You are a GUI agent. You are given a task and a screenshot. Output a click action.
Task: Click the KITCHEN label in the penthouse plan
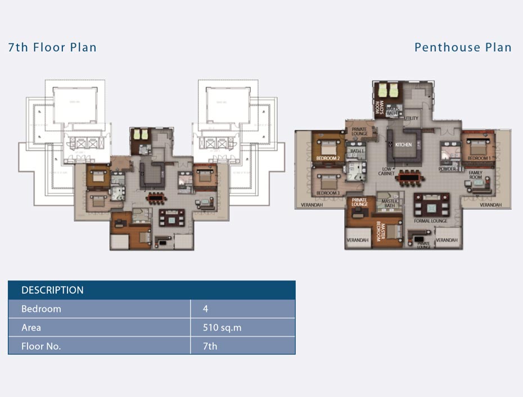coord(403,145)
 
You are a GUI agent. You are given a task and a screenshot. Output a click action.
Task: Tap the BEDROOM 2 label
coord(327,159)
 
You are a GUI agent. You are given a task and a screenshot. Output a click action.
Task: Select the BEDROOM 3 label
coord(327,193)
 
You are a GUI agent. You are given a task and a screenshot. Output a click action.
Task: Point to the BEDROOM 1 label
coord(479,159)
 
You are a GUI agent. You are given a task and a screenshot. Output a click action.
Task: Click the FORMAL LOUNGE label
coord(431,221)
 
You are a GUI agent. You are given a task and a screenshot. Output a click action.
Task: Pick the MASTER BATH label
coord(390,203)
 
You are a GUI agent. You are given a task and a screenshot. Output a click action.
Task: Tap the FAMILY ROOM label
coord(475,175)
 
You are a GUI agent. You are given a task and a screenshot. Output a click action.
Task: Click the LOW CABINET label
coord(387,171)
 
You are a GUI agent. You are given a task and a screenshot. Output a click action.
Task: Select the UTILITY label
coord(411,119)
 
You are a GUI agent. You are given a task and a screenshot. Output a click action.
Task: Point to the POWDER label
coord(447,169)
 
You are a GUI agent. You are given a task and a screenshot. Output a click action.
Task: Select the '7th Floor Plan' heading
coord(52,47)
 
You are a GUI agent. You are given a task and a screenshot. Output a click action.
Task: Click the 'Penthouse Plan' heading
coord(463,47)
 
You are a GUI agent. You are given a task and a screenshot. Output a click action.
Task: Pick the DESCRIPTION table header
coord(52,290)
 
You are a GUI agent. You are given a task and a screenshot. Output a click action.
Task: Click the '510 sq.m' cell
coord(222,327)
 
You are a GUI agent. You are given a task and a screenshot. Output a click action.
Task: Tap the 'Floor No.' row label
coord(41,346)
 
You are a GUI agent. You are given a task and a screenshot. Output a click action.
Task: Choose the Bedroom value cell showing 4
coord(206,309)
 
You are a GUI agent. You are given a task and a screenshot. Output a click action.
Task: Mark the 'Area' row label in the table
coord(31,327)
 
